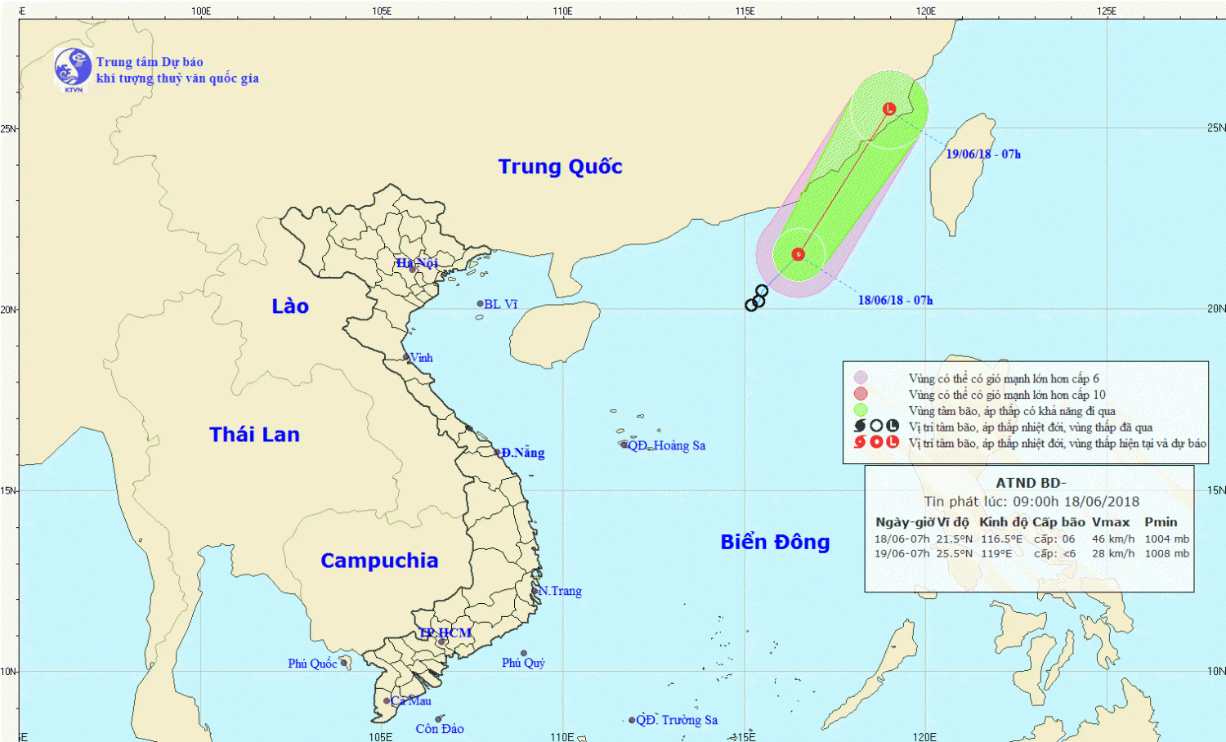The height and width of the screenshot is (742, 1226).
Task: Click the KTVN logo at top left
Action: (73, 68)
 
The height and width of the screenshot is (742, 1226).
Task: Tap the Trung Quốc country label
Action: (560, 167)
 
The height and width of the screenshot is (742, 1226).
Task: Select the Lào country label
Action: (290, 306)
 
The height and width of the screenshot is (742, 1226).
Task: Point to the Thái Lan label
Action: (254, 435)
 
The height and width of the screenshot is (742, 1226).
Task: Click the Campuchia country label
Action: (379, 561)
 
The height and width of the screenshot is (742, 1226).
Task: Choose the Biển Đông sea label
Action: (775, 543)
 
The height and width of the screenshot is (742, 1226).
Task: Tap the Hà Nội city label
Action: (417, 263)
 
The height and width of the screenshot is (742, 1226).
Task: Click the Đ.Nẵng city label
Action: (522, 453)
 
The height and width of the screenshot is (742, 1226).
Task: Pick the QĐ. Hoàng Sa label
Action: (666, 445)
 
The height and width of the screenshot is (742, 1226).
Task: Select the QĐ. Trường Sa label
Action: (677, 720)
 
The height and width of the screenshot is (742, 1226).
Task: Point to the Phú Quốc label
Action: (312, 664)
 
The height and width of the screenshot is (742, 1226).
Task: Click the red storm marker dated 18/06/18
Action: (799, 254)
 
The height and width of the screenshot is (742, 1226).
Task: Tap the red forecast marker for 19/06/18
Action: (889, 109)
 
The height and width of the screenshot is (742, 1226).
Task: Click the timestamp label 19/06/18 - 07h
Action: (983, 154)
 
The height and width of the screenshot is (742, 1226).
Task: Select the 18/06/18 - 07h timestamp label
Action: (895, 301)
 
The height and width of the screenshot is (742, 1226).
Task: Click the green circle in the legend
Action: (860, 410)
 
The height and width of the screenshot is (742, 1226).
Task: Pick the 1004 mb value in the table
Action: (1166, 539)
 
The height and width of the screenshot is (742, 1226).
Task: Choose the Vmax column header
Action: (1111, 522)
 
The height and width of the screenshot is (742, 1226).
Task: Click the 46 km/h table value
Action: (1112, 539)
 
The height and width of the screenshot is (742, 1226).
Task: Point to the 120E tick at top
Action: (925, 11)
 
